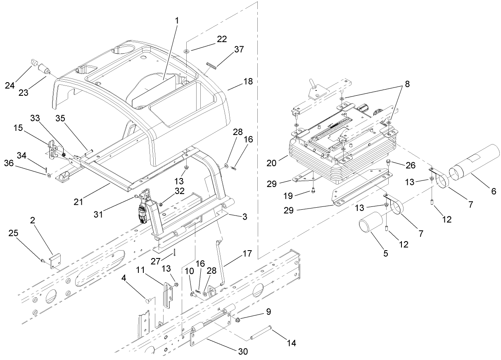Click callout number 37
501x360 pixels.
point(239,49)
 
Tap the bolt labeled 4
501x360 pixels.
point(147,301)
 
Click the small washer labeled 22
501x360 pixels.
point(187,50)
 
